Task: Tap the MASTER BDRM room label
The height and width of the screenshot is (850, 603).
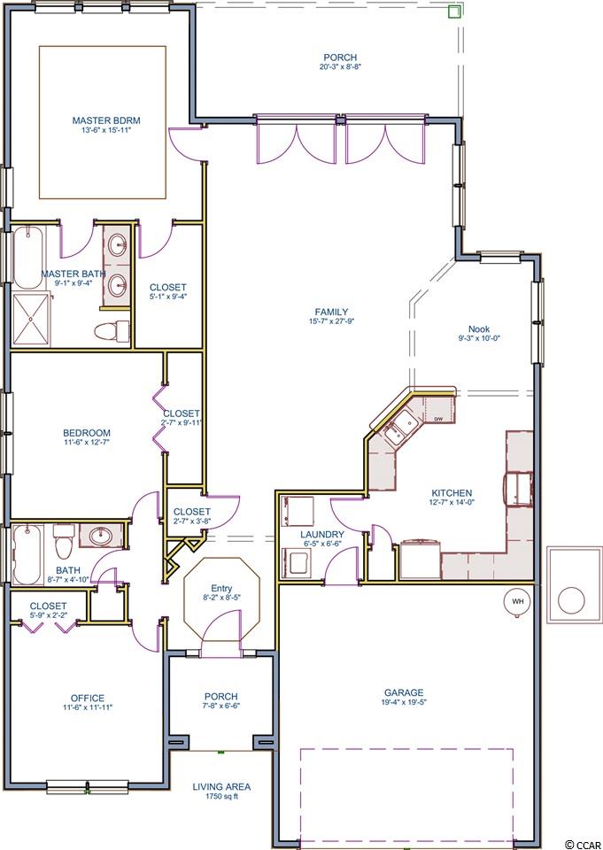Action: coord(103,120)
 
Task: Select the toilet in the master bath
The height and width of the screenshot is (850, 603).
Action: coord(112,329)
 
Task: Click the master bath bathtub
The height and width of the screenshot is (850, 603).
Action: coord(27,258)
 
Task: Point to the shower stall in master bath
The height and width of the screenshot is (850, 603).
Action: coord(31,320)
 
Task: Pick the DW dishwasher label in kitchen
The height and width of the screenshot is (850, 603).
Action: coord(438,419)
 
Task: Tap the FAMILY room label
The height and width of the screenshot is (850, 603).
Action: coord(331,312)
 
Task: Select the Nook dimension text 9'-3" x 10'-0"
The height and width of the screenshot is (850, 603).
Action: coord(479,337)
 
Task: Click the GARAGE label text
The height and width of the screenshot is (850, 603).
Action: coord(404,692)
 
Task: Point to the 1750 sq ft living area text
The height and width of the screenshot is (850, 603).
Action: coord(221,796)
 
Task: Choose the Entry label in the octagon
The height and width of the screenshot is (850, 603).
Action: coord(221,588)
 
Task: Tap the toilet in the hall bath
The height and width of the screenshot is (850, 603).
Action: coord(64,541)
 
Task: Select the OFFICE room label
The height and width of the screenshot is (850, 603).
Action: coord(88,699)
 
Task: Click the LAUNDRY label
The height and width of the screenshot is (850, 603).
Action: coord(322,535)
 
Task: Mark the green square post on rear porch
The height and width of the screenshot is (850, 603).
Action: coord(454,12)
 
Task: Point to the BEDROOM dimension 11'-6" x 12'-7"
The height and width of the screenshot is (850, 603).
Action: coord(87,443)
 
